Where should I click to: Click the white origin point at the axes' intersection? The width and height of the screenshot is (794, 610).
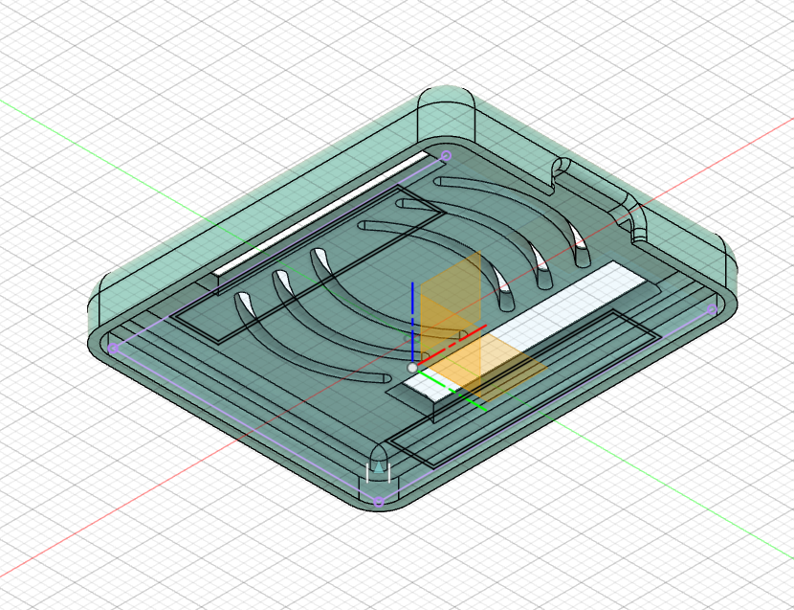click(x=412, y=368)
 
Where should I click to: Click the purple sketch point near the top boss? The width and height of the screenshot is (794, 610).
click(x=445, y=155)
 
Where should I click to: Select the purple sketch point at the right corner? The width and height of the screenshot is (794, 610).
click(x=711, y=309)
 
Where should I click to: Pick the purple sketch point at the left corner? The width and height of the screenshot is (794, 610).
click(x=113, y=350)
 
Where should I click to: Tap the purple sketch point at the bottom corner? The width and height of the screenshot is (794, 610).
click(x=378, y=501)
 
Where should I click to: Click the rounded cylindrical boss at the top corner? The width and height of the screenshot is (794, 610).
click(x=447, y=115)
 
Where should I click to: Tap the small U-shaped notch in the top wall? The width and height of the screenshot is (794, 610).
click(x=561, y=172)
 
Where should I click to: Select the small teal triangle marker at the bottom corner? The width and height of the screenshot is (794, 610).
click(x=381, y=466)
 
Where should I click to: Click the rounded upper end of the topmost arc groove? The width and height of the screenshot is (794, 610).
click(x=442, y=180)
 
